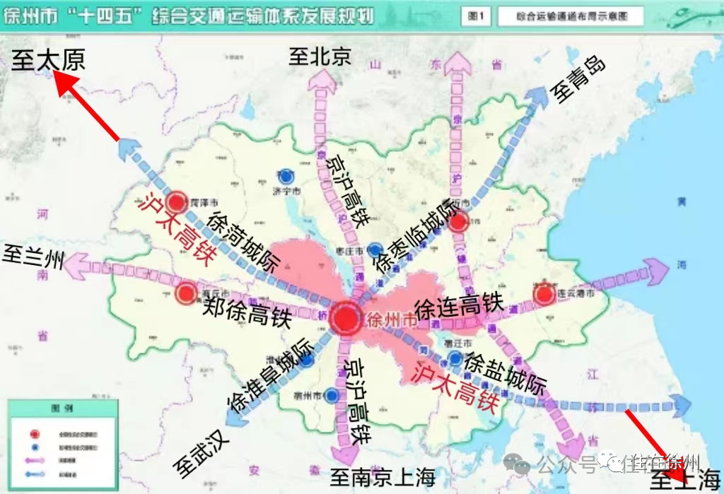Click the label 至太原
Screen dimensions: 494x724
pyautogui.click(x=48, y=60)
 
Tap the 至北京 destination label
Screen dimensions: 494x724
pyautogui.click(x=320, y=57)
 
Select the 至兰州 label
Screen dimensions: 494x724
pyautogui.click(x=33, y=256)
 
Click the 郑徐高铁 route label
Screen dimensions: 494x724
pyautogui.click(x=247, y=312)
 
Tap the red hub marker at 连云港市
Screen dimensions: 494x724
pyautogui.click(x=544, y=295)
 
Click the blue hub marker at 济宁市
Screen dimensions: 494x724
pyautogui.click(x=286, y=176)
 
